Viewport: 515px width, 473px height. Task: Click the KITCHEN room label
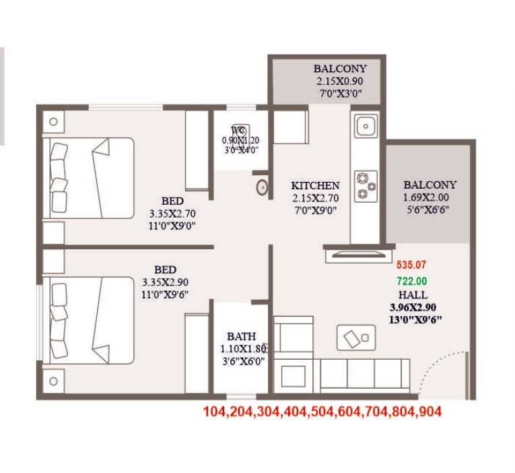click(315, 185)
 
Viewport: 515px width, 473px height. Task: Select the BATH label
click(240, 336)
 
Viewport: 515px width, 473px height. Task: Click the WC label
click(238, 129)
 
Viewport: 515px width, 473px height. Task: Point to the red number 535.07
click(411, 265)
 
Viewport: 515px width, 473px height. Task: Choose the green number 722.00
click(411, 281)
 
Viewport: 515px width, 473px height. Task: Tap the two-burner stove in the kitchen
click(364, 186)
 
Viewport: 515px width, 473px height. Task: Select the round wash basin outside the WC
click(262, 187)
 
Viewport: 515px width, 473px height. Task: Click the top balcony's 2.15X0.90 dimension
click(340, 81)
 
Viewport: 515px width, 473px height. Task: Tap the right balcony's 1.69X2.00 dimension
click(430, 197)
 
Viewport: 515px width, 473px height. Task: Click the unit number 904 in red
click(429, 411)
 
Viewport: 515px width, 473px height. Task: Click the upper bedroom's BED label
click(172, 201)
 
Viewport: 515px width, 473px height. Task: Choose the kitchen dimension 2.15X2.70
click(315, 198)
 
